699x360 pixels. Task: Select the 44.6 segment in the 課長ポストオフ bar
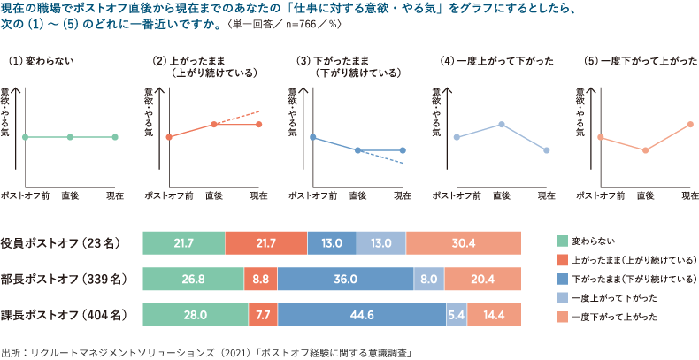tap(362, 314)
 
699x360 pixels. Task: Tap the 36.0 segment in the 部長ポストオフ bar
tap(345, 279)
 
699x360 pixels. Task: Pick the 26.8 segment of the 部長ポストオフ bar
tap(193, 279)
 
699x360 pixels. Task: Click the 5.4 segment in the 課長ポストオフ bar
tap(456, 314)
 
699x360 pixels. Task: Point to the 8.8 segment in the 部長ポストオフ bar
tap(260, 279)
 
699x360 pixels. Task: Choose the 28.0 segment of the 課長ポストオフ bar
tap(195, 314)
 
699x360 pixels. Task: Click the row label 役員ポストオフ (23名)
tap(67, 243)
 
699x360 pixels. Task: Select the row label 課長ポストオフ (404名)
tap(67, 314)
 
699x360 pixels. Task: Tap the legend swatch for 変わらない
tap(561, 241)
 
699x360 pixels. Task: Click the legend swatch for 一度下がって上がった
tap(561, 316)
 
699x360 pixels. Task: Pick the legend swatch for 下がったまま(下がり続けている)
tap(561, 279)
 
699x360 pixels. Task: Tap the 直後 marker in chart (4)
tap(502, 124)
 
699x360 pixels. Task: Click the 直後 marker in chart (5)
tap(645, 150)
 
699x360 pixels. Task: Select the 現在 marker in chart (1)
tap(115, 137)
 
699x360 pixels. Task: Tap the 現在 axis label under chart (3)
tap(403, 195)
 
